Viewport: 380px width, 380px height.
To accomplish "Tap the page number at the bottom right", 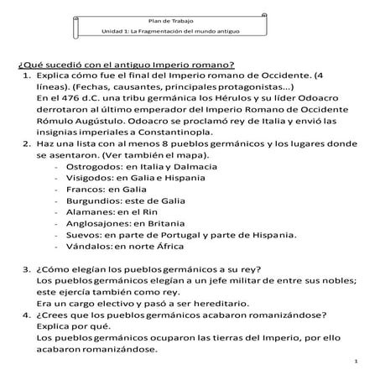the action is [x=356, y=361].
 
